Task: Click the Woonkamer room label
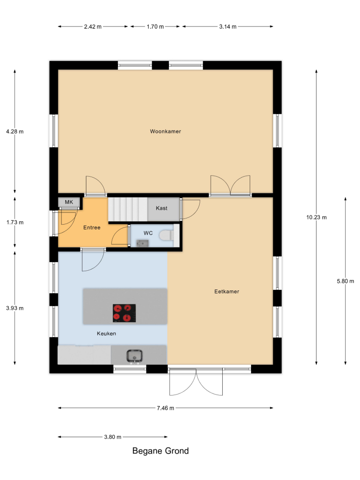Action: coord(165,132)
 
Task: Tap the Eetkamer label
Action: coord(227,291)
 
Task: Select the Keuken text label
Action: coord(106,334)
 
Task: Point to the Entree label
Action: coord(92,228)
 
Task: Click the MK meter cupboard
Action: coord(69,202)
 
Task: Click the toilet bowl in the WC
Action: coord(167,235)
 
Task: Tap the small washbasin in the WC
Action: coord(143,243)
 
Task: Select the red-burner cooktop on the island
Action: coord(124,313)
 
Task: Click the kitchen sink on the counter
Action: coord(134,356)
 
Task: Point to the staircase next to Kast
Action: coord(128,209)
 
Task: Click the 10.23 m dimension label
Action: coord(316,217)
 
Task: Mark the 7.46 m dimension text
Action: coord(165,408)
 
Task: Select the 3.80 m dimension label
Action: coord(113,437)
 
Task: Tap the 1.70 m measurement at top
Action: coord(155,26)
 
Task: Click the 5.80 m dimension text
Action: coord(345,281)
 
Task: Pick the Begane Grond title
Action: coord(160,451)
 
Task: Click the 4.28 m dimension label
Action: coord(15,132)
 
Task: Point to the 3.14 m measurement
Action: coord(228,26)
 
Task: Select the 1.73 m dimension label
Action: coord(15,222)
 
